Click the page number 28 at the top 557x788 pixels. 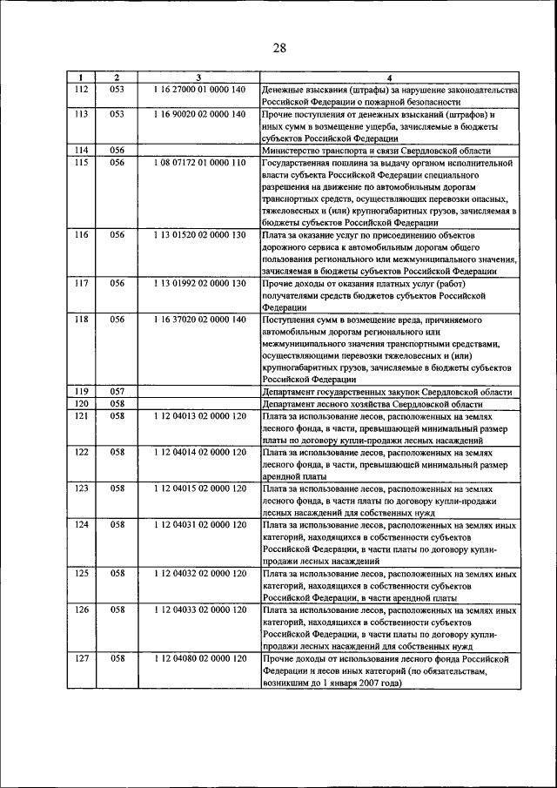[278, 48]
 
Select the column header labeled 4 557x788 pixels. [389, 78]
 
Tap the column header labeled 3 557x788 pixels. [198, 78]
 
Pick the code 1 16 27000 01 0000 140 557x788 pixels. [198, 90]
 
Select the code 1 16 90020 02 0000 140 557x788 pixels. [198, 114]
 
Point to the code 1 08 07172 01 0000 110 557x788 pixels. [198, 162]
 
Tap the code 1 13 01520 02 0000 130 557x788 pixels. [198, 235]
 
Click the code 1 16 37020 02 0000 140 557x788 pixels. [198, 320]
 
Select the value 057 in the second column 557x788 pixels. [118, 392]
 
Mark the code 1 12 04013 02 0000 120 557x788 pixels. [198, 416]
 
